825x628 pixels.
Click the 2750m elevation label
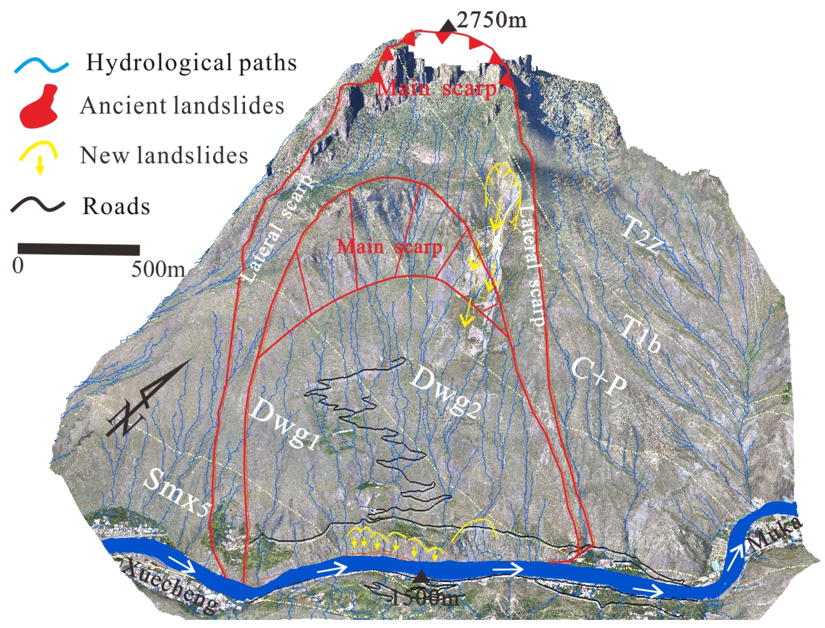point(492,19)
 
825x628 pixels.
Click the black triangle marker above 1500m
point(421,576)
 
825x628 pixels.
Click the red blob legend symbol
point(39,107)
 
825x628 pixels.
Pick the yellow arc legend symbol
point(39,155)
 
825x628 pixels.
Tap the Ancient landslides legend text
point(182,106)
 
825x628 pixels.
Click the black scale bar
point(79,249)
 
